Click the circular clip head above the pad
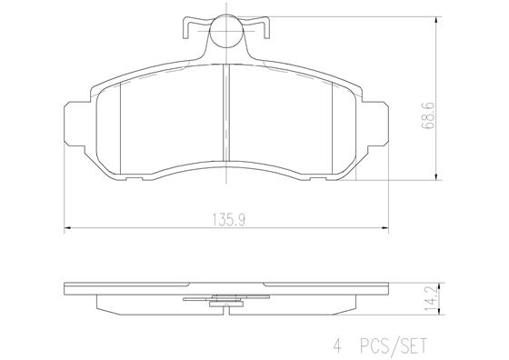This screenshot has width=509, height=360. (x=225, y=35)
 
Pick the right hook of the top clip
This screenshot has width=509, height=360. (x=264, y=27)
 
